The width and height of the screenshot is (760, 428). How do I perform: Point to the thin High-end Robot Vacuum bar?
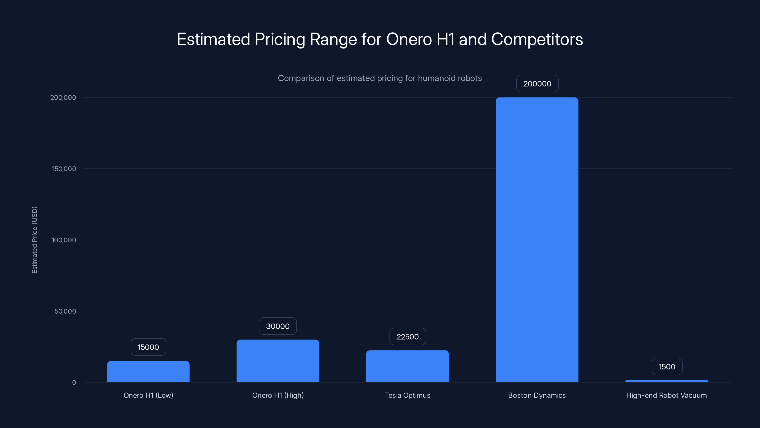click(666, 381)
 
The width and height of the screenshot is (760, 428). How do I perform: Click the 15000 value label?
click(148, 347)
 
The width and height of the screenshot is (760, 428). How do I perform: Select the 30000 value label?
click(278, 326)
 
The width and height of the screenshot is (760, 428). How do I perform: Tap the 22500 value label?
click(408, 337)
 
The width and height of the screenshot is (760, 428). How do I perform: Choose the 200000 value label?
click(537, 84)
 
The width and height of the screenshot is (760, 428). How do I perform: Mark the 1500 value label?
click(667, 367)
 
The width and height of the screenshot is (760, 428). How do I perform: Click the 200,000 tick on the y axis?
click(63, 97)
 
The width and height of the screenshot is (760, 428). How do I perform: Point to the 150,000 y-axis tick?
click(64, 169)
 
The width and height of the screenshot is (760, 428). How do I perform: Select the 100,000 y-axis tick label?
click(64, 240)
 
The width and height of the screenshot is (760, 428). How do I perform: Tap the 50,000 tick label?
click(65, 311)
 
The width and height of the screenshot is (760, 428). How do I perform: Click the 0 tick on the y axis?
click(74, 383)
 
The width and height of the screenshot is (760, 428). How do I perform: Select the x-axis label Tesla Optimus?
click(407, 395)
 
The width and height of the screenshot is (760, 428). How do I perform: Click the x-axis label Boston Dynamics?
click(537, 395)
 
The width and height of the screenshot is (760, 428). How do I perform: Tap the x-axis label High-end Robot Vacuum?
click(666, 395)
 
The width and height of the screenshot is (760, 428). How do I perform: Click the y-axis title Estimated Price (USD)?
click(34, 240)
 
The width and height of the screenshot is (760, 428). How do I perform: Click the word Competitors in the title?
click(537, 39)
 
